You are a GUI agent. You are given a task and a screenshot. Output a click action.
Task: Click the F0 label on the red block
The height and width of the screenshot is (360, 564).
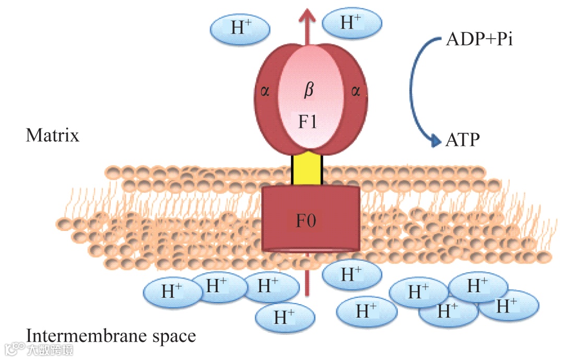[307, 222]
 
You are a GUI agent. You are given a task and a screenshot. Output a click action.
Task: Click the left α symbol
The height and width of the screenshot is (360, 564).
[265, 92]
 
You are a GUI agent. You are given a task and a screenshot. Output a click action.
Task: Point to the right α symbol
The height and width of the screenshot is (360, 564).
[356, 92]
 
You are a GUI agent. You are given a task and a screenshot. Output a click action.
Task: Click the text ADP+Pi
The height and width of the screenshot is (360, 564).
[479, 40]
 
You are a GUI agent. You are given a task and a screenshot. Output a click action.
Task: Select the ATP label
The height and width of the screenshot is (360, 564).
[463, 140]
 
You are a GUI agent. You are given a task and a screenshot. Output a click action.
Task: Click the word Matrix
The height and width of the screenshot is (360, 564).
[53, 136]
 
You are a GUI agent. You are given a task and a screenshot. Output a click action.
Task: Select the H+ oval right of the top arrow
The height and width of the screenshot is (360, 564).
[351, 22]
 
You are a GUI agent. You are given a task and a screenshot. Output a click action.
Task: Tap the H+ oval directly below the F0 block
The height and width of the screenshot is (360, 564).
[351, 274]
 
